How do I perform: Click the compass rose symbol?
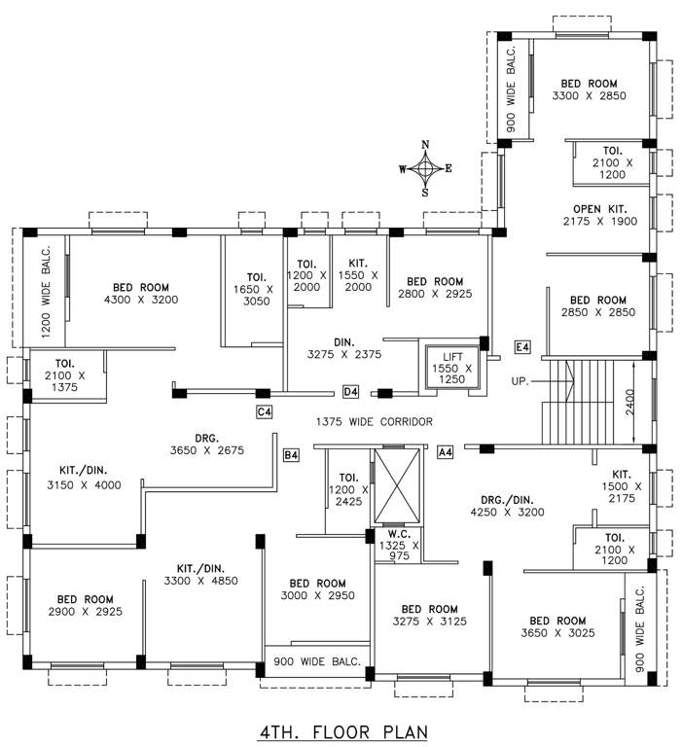coord(425,168)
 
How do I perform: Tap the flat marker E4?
coord(522,347)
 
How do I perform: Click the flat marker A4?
coord(447,452)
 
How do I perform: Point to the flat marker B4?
coord(291,454)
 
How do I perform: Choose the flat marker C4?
coord(264,412)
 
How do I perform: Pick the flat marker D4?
coord(351,392)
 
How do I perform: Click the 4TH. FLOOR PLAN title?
coord(341,729)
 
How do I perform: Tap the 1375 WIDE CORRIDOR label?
coord(374,421)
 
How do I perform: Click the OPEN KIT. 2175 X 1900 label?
coord(599,215)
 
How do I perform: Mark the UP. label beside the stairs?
coord(520,380)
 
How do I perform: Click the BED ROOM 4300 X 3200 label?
coord(141,294)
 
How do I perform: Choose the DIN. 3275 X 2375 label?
coord(343,348)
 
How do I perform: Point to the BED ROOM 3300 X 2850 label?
coord(589,89)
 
